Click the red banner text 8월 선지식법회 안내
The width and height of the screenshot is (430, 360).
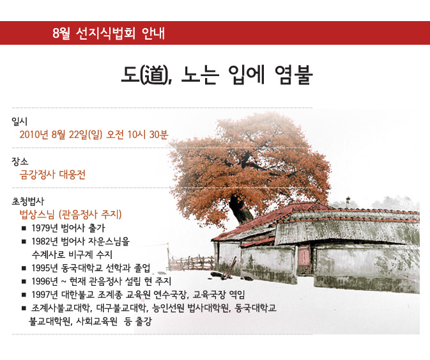tap(109, 33)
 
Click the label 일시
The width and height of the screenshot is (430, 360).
tap(19, 121)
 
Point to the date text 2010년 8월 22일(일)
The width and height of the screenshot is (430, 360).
tap(61, 134)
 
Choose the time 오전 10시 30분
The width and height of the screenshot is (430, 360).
tap(137, 134)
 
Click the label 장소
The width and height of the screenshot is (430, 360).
tap(20, 161)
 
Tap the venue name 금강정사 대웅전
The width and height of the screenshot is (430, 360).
tap(52, 175)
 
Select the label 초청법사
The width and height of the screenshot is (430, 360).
tap(27, 201)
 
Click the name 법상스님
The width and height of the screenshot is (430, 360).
tap(37, 214)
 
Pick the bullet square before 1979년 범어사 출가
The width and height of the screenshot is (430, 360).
tap(24, 228)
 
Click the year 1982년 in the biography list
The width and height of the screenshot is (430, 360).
tap(45, 241)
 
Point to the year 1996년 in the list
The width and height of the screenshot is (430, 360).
tap(45, 281)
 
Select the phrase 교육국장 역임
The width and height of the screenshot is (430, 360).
tap(219, 295)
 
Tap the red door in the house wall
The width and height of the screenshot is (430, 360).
tap(303, 256)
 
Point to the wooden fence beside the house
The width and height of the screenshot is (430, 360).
tap(191, 263)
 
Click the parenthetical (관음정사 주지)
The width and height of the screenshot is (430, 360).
tap(90, 214)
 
